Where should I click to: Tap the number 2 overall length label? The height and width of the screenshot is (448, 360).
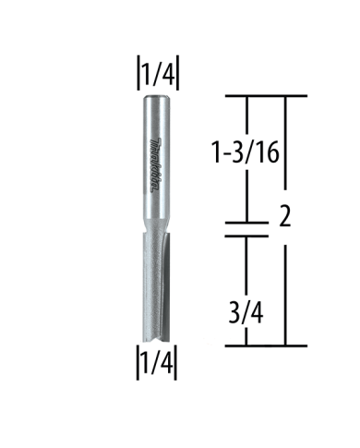tap(285, 220)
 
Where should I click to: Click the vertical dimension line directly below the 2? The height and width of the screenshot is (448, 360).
tap(284, 286)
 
